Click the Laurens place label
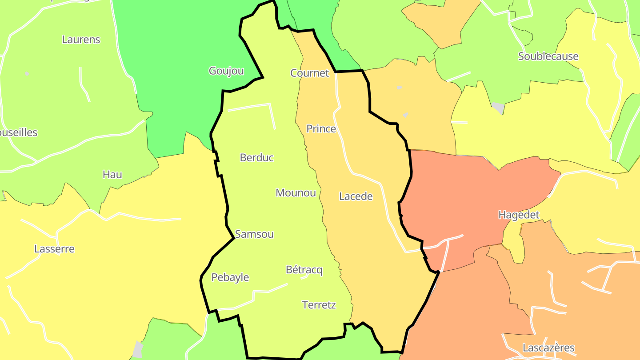pyautogui.click(x=81, y=40)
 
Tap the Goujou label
pyautogui.click(x=226, y=71)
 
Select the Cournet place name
pyautogui.click(x=309, y=73)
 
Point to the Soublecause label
pyautogui.click(x=548, y=56)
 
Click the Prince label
pyautogui.click(x=321, y=129)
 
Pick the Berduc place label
pyautogui.click(x=256, y=157)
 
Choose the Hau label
pyautogui.click(x=112, y=175)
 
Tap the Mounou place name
pyautogui.click(x=296, y=193)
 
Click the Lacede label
pyautogui.click(x=356, y=196)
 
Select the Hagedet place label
pyautogui.click(x=519, y=215)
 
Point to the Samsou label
pyautogui.click(x=254, y=234)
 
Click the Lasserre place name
pyautogui.click(x=54, y=249)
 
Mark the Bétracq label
pyautogui.click(x=304, y=270)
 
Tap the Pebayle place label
pyautogui.click(x=230, y=277)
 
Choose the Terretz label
pyautogui.click(x=319, y=305)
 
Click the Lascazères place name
pyautogui.click(x=548, y=348)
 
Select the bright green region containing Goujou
pyautogui.click(x=178, y=53)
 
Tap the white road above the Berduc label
pyautogui.click(x=249, y=107)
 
